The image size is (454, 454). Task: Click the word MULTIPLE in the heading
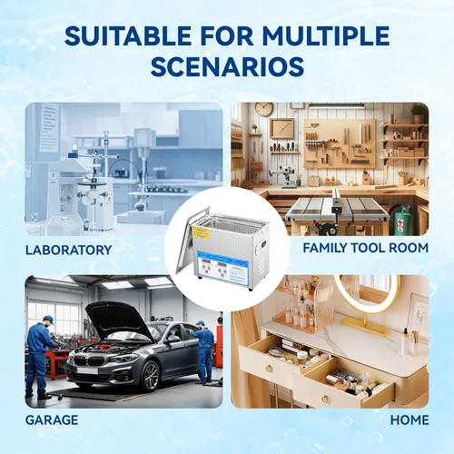pyautogui.click(x=326, y=35)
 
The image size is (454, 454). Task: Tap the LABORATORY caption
pyautogui.click(x=69, y=251)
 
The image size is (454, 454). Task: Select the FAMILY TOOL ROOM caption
pyautogui.click(x=366, y=248)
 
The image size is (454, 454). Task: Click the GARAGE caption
pyautogui.click(x=52, y=420)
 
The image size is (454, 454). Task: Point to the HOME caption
pyautogui.click(x=410, y=420)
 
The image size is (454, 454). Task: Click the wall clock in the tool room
pyautogui.click(x=264, y=109)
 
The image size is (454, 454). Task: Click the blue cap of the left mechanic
pyautogui.click(x=48, y=319)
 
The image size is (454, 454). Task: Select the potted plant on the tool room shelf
pyautogui.click(x=419, y=113)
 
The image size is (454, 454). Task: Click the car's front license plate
pyautogui.click(x=87, y=370)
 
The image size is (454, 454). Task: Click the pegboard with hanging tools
pyautogui.click(x=340, y=143)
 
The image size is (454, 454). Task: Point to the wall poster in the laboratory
pyautogui.click(x=49, y=128)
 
